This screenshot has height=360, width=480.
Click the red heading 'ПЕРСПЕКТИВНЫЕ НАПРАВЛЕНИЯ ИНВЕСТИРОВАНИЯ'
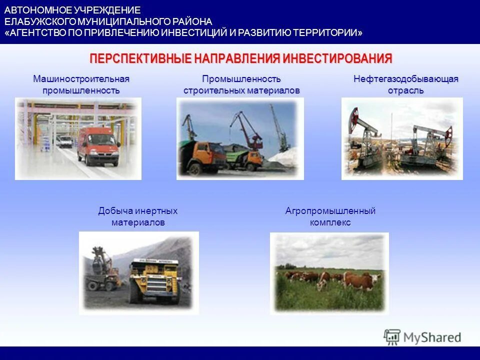click(240, 58)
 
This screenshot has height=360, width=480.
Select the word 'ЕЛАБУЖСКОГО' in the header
click(40, 22)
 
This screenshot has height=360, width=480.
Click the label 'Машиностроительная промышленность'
click(81, 84)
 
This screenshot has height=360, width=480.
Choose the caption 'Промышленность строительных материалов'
click(241, 84)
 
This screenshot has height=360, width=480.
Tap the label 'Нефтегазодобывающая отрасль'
click(405, 84)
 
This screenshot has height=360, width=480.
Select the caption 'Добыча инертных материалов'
click(137, 216)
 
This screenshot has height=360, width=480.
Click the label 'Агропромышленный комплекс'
click(330, 216)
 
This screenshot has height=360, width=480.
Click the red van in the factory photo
click(99, 145)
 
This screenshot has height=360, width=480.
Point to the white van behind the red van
click(64, 141)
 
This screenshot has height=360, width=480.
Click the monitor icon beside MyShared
click(392, 337)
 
